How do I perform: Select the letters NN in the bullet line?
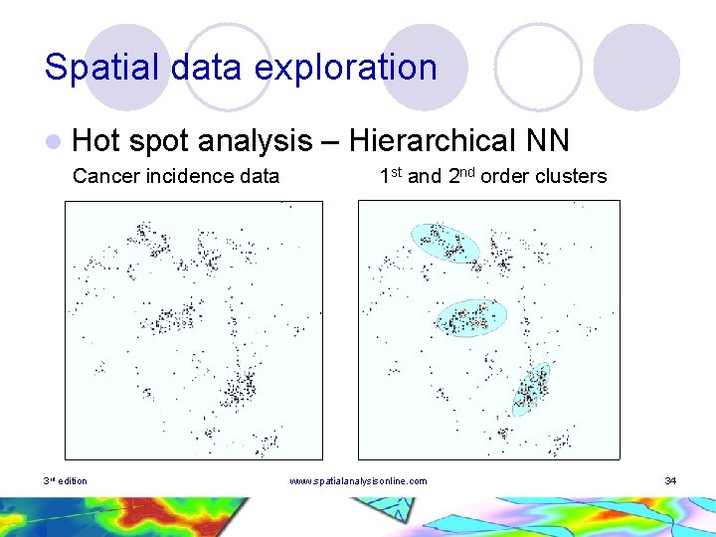tap(547, 141)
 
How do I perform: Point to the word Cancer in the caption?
tap(106, 177)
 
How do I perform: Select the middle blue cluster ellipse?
tap(472, 317)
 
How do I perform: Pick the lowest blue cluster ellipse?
tap(531, 389)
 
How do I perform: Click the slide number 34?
tap(670, 481)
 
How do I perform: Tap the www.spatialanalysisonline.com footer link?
tap(358, 481)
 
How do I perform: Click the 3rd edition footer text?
tap(65, 481)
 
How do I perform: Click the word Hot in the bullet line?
tap(96, 141)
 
